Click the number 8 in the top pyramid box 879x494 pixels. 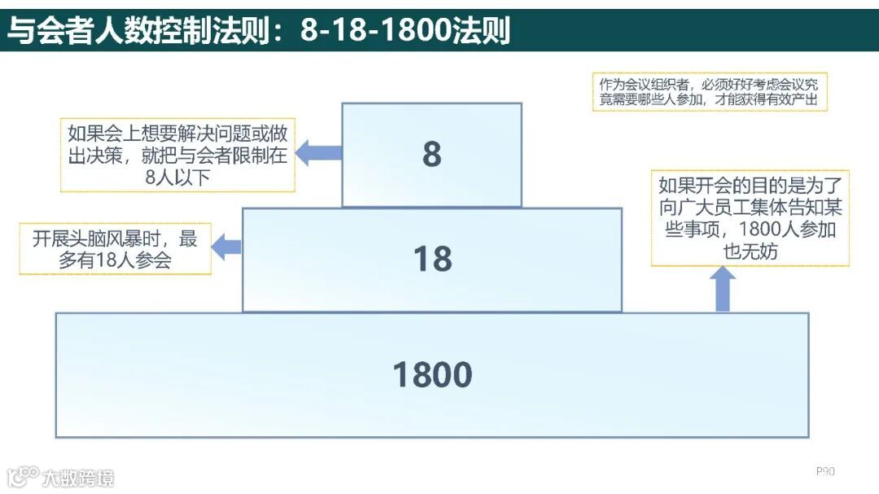click(x=431, y=155)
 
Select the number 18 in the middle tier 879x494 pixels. click(x=432, y=259)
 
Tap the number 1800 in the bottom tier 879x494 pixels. click(x=432, y=375)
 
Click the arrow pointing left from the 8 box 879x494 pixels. click(x=317, y=151)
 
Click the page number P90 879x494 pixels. click(x=825, y=471)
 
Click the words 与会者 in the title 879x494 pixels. click(x=62, y=31)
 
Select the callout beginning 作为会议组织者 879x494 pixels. click(x=710, y=93)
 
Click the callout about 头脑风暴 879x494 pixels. click(x=115, y=249)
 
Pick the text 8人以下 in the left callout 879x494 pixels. click(x=177, y=177)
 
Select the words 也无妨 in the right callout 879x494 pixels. click(x=750, y=251)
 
